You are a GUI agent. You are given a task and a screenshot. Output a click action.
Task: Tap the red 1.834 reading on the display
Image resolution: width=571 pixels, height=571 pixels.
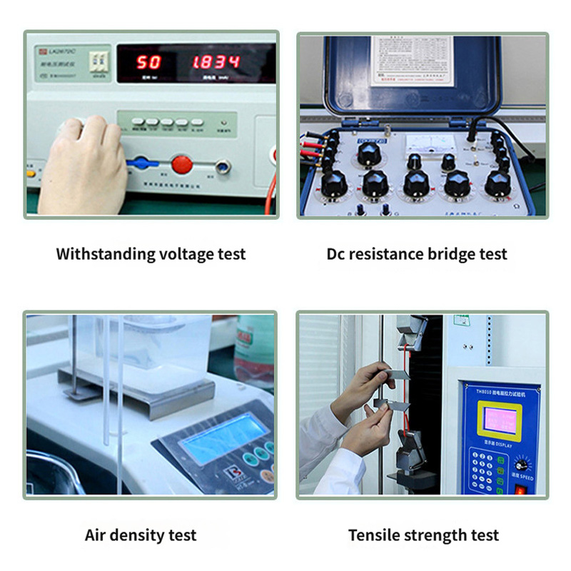[x=215, y=62]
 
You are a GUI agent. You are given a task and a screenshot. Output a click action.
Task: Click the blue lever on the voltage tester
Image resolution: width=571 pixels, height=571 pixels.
[x=142, y=163]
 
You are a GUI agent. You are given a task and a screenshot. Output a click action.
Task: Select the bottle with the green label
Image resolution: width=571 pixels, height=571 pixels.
[x=255, y=350]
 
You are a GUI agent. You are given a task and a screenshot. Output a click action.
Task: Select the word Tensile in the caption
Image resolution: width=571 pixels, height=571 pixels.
[x=373, y=535]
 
